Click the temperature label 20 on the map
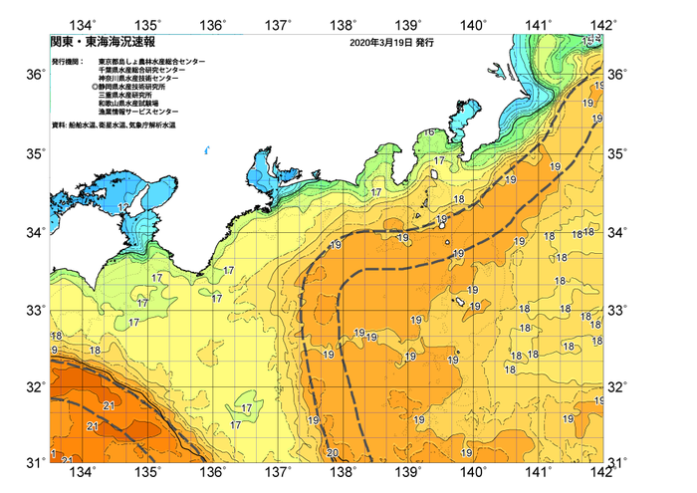click(x=332, y=453)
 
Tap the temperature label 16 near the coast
click(x=429, y=133)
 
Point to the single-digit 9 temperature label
click(x=53, y=351)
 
